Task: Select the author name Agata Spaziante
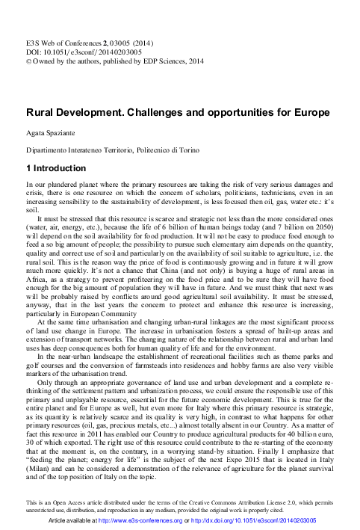point(55,132)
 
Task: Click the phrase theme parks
point(309,356)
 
